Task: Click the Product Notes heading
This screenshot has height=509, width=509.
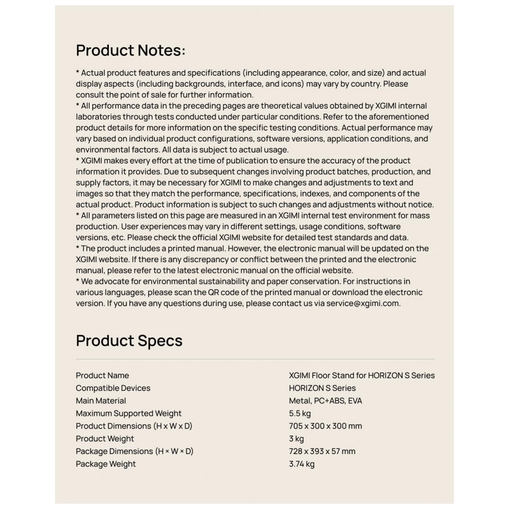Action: pyautogui.click(x=130, y=50)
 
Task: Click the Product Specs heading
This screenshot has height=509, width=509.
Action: pyautogui.click(x=129, y=341)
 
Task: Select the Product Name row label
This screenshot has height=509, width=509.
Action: pyautogui.click(x=102, y=376)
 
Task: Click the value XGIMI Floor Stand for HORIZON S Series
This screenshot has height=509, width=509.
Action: pyautogui.click(x=361, y=376)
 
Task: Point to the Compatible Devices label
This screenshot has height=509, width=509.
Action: pyautogui.click(x=113, y=388)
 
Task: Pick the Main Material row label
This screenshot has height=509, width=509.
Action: pyautogui.click(x=101, y=401)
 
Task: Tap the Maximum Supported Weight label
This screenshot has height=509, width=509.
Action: pyautogui.click(x=129, y=413)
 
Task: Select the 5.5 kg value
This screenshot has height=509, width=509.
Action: pyautogui.click(x=300, y=413)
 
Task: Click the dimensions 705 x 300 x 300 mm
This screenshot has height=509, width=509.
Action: pyautogui.click(x=325, y=426)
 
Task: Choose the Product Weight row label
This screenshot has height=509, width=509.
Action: pyautogui.click(x=105, y=439)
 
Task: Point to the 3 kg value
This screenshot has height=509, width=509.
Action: pyautogui.click(x=296, y=439)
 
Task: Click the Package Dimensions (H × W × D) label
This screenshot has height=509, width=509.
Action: pyautogui.click(x=134, y=451)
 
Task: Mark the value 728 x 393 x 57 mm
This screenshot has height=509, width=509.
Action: pyautogui.click(x=322, y=451)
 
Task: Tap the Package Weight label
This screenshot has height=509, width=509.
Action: pyautogui.click(x=106, y=464)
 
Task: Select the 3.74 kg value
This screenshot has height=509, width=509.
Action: pyautogui.click(x=301, y=464)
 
